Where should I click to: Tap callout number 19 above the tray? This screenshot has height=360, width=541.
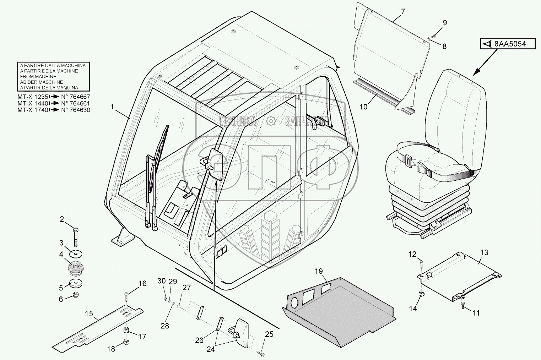point(319,272)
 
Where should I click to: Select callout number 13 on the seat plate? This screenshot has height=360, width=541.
point(484,252)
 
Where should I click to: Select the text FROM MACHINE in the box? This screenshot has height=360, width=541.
point(38,76)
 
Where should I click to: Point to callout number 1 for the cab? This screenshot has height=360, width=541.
point(113,107)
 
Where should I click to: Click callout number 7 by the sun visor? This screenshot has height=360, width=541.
point(402,11)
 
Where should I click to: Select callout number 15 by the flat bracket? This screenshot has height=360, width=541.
point(89,313)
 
